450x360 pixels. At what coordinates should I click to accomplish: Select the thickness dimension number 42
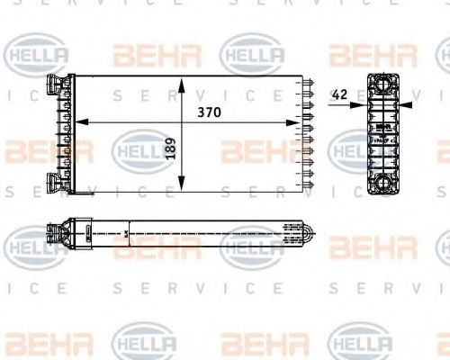[339, 94]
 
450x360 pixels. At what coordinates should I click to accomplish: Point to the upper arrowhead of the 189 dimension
[182, 84]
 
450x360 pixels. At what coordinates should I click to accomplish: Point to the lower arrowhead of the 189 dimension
[182, 185]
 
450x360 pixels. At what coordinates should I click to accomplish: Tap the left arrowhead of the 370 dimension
[77, 121]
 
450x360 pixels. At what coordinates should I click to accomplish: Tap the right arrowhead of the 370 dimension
[301, 121]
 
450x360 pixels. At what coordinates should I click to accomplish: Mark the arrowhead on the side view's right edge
[406, 105]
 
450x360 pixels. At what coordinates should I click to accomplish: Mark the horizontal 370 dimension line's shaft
[135, 121]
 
